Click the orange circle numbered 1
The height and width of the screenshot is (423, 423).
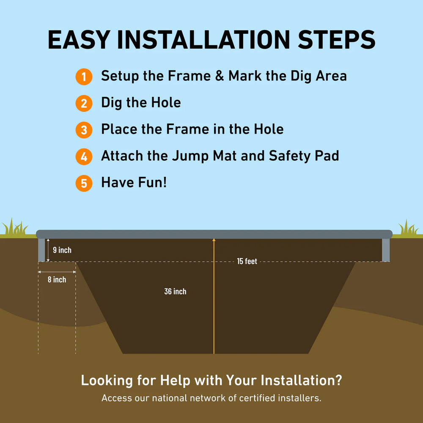click(x=84, y=77)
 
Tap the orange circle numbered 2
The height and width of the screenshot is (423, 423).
click(x=84, y=103)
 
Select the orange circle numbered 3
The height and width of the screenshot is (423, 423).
click(x=84, y=130)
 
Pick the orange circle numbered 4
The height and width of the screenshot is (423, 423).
click(x=84, y=157)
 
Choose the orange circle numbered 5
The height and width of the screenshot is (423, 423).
click(x=84, y=184)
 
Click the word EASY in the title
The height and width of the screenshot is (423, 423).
click(x=79, y=40)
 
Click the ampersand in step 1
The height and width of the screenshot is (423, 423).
click(x=220, y=76)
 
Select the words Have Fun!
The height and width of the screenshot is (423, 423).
click(x=134, y=182)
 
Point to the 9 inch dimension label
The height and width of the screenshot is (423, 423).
click(x=62, y=250)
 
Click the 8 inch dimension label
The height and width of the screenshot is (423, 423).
click(x=57, y=280)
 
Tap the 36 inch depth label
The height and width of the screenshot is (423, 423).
click(x=176, y=291)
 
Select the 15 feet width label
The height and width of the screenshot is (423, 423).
click(x=247, y=261)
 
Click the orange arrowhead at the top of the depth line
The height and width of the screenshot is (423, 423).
click(x=214, y=239)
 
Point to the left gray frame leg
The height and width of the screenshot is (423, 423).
click(x=41, y=250)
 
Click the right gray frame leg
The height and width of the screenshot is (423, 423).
click(x=386, y=250)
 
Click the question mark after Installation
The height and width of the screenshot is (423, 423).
click(x=338, y=380)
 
